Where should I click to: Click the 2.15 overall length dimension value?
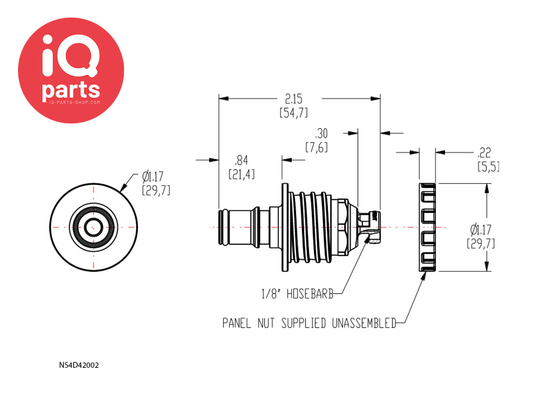pos(294,99)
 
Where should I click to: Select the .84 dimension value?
pos(241,160)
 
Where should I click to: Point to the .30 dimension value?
pos(321,133)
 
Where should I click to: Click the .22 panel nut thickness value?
pos(484,153)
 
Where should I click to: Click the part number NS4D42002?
pos(79,365)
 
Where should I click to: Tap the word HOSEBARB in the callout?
pos(310,294)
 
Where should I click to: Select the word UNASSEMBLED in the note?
pos(364,323)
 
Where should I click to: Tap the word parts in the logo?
pos(71,90)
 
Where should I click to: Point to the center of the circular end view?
pos(93,227)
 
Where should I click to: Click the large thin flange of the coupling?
pos(285,227)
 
